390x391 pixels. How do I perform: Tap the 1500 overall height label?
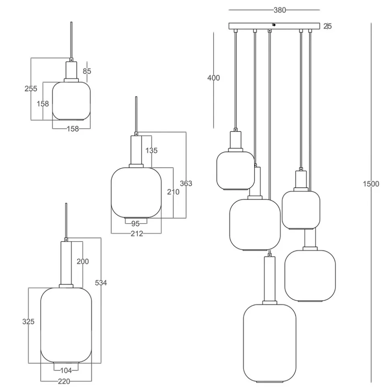click(x=371, y=184)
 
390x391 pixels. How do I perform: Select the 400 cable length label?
click(x=213, y=78)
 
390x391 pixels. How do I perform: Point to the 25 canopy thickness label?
click(x=328, y=27)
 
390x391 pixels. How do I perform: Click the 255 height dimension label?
click(x=31, y=89)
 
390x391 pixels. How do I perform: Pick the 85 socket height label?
click(x=86, y=71)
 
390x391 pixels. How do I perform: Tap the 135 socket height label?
click(x=151, y=151)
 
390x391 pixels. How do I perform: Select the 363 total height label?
click(x=186, y=184)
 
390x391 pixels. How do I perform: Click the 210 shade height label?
click(x=173, y=192)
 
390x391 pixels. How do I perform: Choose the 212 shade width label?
click(x=137, y=234)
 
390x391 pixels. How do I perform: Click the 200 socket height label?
click(x=82, y=262)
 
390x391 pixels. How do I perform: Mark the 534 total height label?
click(x=101, y=283)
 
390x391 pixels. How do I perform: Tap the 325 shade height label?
click(x=28, y=322)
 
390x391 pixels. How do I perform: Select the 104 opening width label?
click(x=66, y=370)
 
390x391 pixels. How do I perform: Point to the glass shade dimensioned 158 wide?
click(x=71, y=101)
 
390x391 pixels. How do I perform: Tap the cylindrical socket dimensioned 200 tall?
click(x=66, y=263)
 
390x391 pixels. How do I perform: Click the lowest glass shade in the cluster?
click(x=270, y=342)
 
